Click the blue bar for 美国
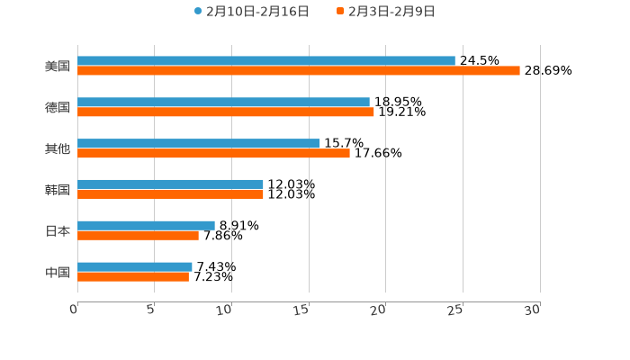pos(266,61)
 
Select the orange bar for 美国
pos(299,71)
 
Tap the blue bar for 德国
pos(223,103)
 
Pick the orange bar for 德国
pos(226,112)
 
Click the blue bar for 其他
pos(198,143)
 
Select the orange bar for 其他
pos(213,154)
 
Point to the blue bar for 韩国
pos(170,184)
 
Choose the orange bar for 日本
pos(138,236)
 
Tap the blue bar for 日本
pos(146,225)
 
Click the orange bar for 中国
pos(133,277)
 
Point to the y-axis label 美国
pos(58,67)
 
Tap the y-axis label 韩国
pos(58,190)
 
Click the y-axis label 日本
pos(58,231)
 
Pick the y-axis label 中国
pos(58,273)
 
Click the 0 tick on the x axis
pos(74,310)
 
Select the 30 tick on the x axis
pos(533,310)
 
